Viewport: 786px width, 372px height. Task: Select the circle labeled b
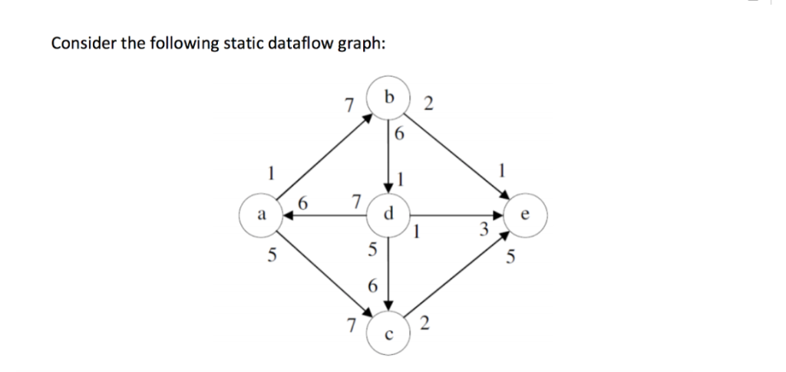pyautogui.click(x=390, y=97)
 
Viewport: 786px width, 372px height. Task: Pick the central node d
pyautogui.click(x=390, y=216)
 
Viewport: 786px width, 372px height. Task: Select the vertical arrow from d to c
pyautogui.click(x=389, y=272)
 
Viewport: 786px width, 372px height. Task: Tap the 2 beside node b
pyautogui.click(x=429, y=104)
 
